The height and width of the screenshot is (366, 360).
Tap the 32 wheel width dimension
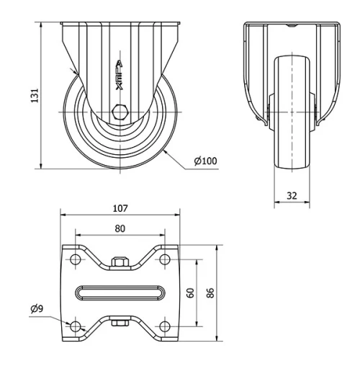point(292,195)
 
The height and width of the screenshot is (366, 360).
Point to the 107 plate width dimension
point(120,208)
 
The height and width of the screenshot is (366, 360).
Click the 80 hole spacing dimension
point(120,228)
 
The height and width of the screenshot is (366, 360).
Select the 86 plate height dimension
point(210,293)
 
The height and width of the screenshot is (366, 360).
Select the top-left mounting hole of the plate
point(75,259)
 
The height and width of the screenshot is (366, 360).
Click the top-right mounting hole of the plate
point(165,259)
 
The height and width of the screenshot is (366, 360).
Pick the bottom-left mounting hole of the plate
point(75,326)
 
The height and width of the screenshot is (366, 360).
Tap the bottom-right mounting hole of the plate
point(165,326)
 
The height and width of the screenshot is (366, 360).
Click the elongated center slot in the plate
point(120,293)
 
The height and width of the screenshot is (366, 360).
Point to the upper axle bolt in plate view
point(120,262)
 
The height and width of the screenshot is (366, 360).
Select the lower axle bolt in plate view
point(120,323)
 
